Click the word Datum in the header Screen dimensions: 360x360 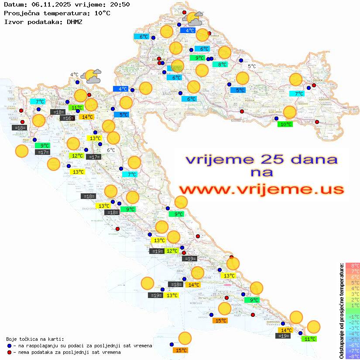pyautogui.click(x=14, y=5)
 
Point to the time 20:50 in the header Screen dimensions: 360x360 pyautogui.click(x=120, y=5)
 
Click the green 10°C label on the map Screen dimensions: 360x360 pyautogui.click(x=285, y=124)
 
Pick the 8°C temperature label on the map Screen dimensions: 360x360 pyautogui.click(x=222, y=65)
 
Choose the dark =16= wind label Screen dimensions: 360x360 pyautogui.click(x=67, y=118)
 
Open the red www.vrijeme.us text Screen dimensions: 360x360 pyautogui.click(x=261, y=189)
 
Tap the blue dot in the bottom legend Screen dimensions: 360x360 pyautogui.click(x=10, y=346)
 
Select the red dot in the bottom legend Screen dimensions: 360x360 pyautogui.click(x=10, y=352)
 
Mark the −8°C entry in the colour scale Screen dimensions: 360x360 pyautogui.click(x=353, y=357)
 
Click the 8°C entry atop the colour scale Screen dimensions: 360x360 pyautogui.click(x=353, y=266)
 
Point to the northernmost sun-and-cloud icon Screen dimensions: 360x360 pyautogui.click(x=193, y=18)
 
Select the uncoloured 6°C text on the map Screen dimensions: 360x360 pyautogui.click(x=111, y=150)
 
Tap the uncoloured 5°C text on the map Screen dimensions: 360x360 pyautogui.click(x=252, y=66)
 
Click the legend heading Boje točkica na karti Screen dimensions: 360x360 pyautogui.click(x=35, y=339)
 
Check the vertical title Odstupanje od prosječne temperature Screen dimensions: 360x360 pyautogui.click(x=341, y=311)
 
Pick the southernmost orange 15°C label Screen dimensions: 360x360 pyautogui.click(x=181, y=350)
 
